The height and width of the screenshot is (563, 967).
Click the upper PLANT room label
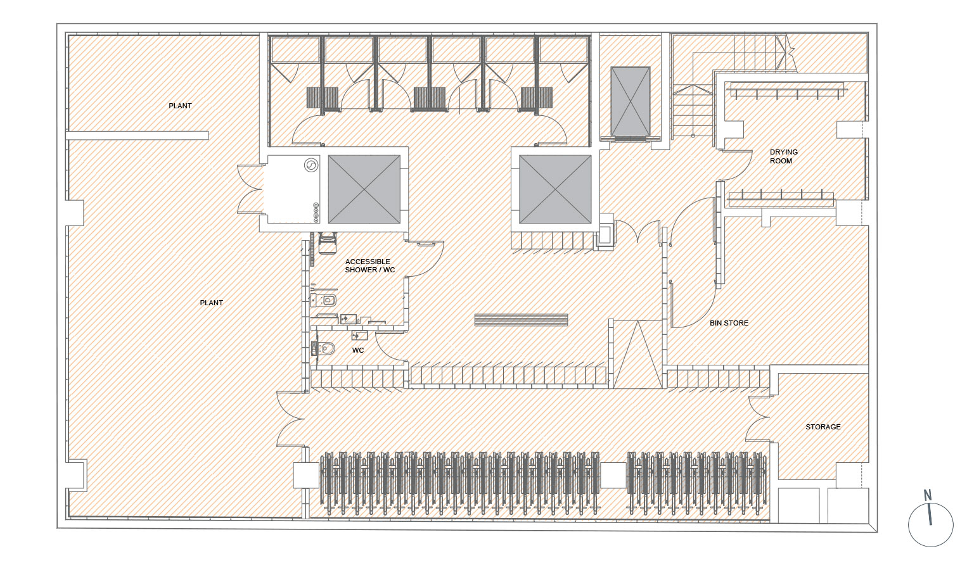tap(180, 106)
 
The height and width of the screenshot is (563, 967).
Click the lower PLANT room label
tap(211, 303)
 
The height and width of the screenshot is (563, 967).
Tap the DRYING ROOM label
tap(783, 156)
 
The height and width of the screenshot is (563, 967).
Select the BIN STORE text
tap(729, 323)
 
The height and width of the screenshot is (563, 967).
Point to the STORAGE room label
tap(823, 427)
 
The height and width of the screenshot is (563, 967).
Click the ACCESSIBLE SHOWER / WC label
tap(370, 266)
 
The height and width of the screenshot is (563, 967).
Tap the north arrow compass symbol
tap(930, 524)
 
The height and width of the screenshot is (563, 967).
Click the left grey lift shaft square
tap(364, 189)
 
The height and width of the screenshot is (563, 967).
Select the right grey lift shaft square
tap(555, 189)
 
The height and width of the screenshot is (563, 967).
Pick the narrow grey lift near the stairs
tap(630, 101)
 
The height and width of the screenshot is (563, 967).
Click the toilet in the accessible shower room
tap(323, 300)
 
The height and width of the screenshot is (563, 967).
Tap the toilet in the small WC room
tap(324, 348)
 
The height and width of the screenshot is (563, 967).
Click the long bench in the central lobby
tap(521, 320)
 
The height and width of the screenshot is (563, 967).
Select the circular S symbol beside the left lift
tap(311, 165)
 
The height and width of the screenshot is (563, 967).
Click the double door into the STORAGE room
tap(759, 417)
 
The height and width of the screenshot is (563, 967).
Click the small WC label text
tap(358, 350)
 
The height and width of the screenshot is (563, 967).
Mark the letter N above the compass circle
tap(927, 496)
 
